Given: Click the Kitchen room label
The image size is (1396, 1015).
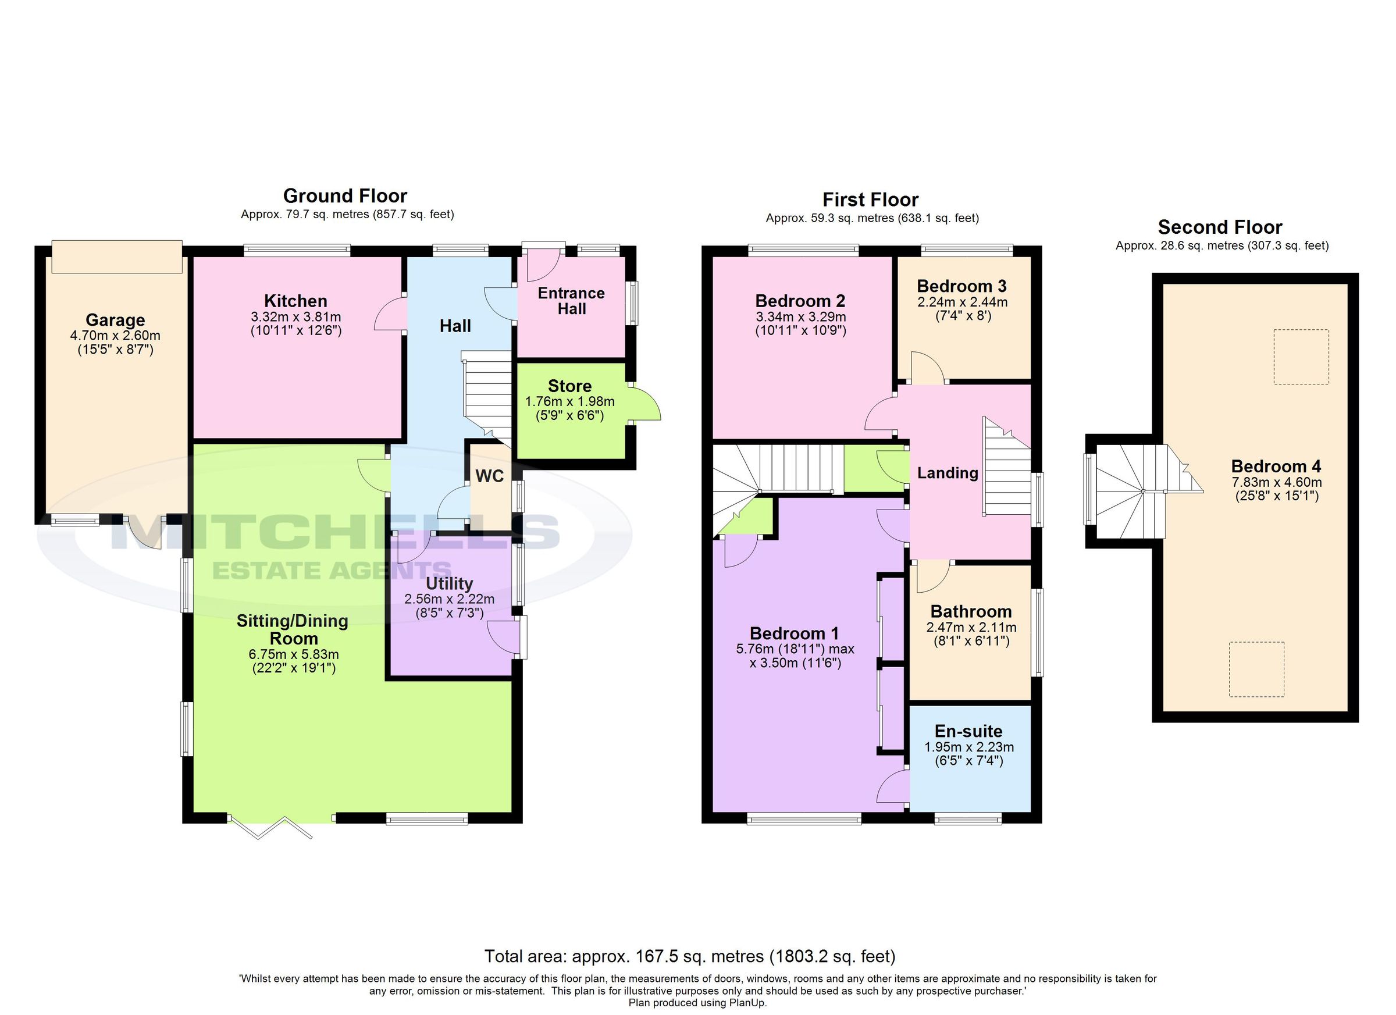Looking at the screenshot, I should point(295,301).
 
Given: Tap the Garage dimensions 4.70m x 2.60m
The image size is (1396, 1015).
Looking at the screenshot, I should point(115,336).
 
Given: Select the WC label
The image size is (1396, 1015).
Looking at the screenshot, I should point(489,476).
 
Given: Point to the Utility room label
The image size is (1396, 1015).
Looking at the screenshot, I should point(449,583).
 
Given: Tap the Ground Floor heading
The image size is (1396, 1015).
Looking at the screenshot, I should point(345,196).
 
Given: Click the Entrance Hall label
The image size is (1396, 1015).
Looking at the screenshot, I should point(571,301).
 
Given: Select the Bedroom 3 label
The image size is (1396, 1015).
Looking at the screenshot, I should point(961,286).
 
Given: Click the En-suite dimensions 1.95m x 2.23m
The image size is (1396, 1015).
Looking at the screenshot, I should point(969,747).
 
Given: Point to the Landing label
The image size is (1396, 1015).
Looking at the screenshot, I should point(948,473).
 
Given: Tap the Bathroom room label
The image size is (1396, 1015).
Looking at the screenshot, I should point(971,611).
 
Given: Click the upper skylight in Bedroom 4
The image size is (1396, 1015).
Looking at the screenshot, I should point(1301,357).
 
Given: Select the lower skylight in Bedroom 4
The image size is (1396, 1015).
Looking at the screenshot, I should point(1256,669).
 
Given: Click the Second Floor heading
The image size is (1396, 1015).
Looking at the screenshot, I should point(1219,227).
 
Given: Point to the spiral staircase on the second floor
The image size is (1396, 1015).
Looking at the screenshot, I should point(1133,491).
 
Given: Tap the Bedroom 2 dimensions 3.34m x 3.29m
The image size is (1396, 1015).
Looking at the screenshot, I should point(800,317).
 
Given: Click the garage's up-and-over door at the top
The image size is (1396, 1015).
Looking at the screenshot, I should point(117,257).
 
